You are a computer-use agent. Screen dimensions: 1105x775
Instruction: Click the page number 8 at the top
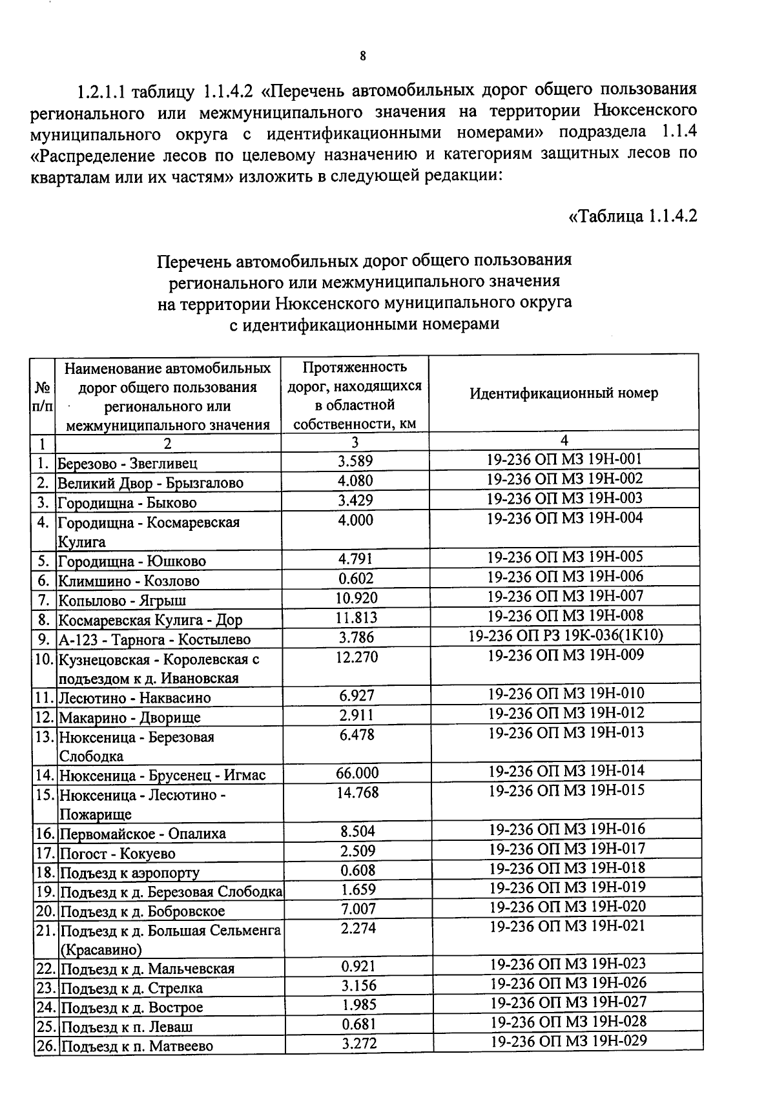363,56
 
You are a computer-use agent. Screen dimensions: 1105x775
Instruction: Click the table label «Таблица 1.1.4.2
633,215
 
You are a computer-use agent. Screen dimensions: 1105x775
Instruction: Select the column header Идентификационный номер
564,393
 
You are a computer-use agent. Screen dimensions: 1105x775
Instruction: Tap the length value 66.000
357,773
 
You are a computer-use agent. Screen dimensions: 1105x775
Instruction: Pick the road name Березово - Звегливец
128,463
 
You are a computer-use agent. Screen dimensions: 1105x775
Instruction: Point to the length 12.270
357,657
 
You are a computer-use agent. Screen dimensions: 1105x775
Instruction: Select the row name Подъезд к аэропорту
130,873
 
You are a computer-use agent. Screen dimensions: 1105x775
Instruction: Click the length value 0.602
356,578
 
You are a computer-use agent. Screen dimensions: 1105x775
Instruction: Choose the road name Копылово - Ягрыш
123,601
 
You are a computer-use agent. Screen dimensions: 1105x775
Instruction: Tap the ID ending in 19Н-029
568,1040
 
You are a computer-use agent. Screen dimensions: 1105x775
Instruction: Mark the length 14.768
357,792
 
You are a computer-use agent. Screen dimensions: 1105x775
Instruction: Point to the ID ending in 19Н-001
564,459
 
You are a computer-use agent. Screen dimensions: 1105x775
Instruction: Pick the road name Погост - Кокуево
118,854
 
